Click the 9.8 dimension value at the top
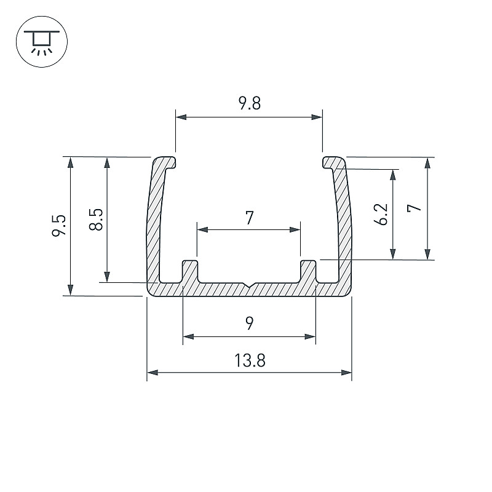click(250, 103)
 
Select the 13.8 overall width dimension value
click(250, 360)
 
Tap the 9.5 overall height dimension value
click(59, 225)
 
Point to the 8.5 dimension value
click(96, 220)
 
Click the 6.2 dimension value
click(381, 215)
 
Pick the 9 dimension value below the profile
click(250, 323)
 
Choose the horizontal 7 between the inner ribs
click(250, 218)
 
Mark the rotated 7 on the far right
click(414, 208)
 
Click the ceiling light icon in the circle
click(42, 42)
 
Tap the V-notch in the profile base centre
click(249, 285)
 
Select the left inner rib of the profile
click(190, 272)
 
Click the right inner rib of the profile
click(308, 272)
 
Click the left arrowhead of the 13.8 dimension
click(153, 373)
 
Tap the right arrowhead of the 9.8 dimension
click(317, 117)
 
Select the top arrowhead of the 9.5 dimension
click(71, 162)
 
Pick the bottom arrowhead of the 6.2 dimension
click(393, 254)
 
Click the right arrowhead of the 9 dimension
click(310, 337)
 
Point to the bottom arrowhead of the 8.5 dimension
click(107, 277)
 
